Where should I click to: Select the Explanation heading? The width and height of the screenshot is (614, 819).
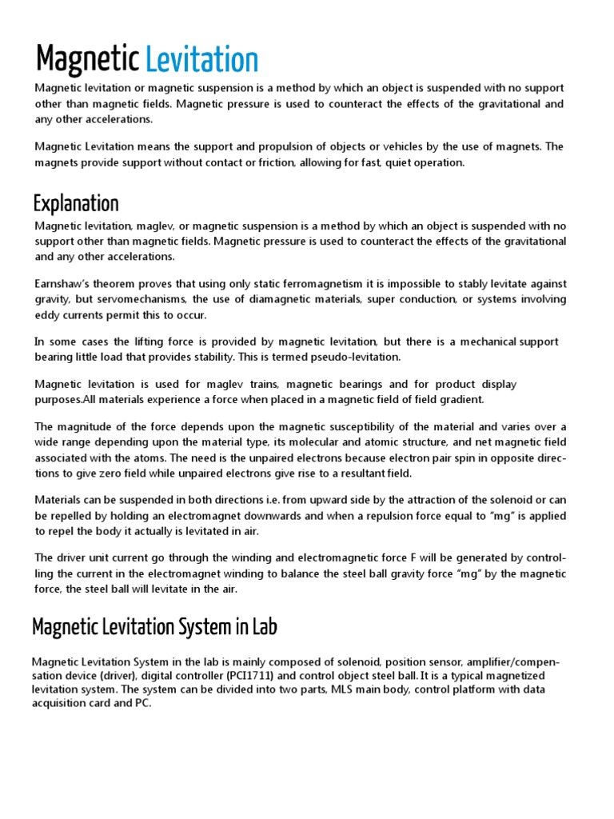point(76,203)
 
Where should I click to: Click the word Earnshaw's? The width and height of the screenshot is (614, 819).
point(66,283)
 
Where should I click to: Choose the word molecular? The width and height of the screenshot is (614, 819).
point(345,442)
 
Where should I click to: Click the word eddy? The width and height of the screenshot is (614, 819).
point(47,315)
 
